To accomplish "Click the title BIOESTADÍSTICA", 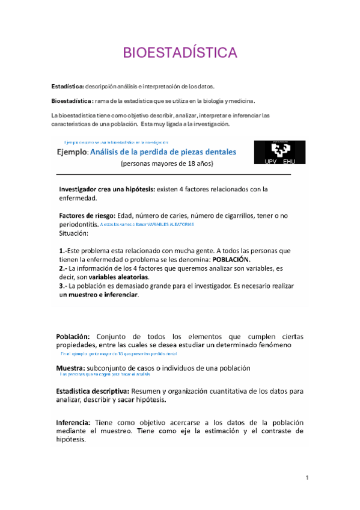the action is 180,53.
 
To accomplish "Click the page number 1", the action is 307,478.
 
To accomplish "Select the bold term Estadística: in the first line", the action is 67,87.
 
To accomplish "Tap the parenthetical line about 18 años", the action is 166,164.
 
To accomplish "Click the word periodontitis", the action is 79,224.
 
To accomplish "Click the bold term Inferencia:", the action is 73,422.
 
